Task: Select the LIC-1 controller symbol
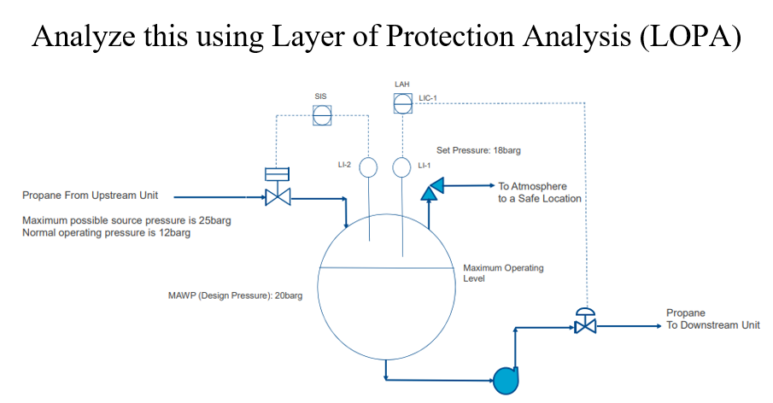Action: [x=401, y=103]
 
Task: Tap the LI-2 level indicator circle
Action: [x=368, y=166]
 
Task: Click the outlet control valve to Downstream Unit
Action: [x=585, y=324]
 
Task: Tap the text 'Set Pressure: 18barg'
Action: [x=478, y=149]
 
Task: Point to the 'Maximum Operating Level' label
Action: [x=503, y=273]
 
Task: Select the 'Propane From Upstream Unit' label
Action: [x=90, y=196]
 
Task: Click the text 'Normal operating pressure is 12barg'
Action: [x=106, y=232]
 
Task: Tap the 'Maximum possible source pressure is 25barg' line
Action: [x=126, y=220]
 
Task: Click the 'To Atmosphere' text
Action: [x=532, y=186]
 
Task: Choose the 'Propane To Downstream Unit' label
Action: [x=712, y=319]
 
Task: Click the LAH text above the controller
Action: [x=401, y=85]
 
